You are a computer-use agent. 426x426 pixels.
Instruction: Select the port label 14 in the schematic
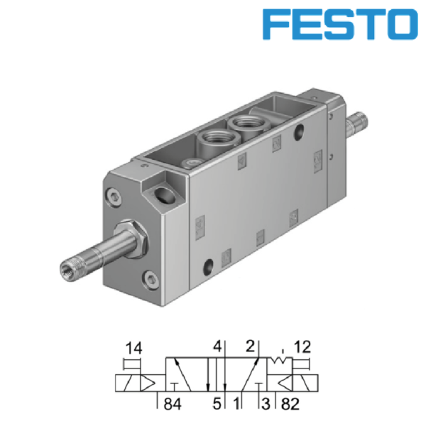(133, 349)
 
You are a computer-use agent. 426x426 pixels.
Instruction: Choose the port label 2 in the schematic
(249, 348)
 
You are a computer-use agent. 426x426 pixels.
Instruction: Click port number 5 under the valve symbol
(215, 405)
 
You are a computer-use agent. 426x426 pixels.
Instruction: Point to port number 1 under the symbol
(236, 405)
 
